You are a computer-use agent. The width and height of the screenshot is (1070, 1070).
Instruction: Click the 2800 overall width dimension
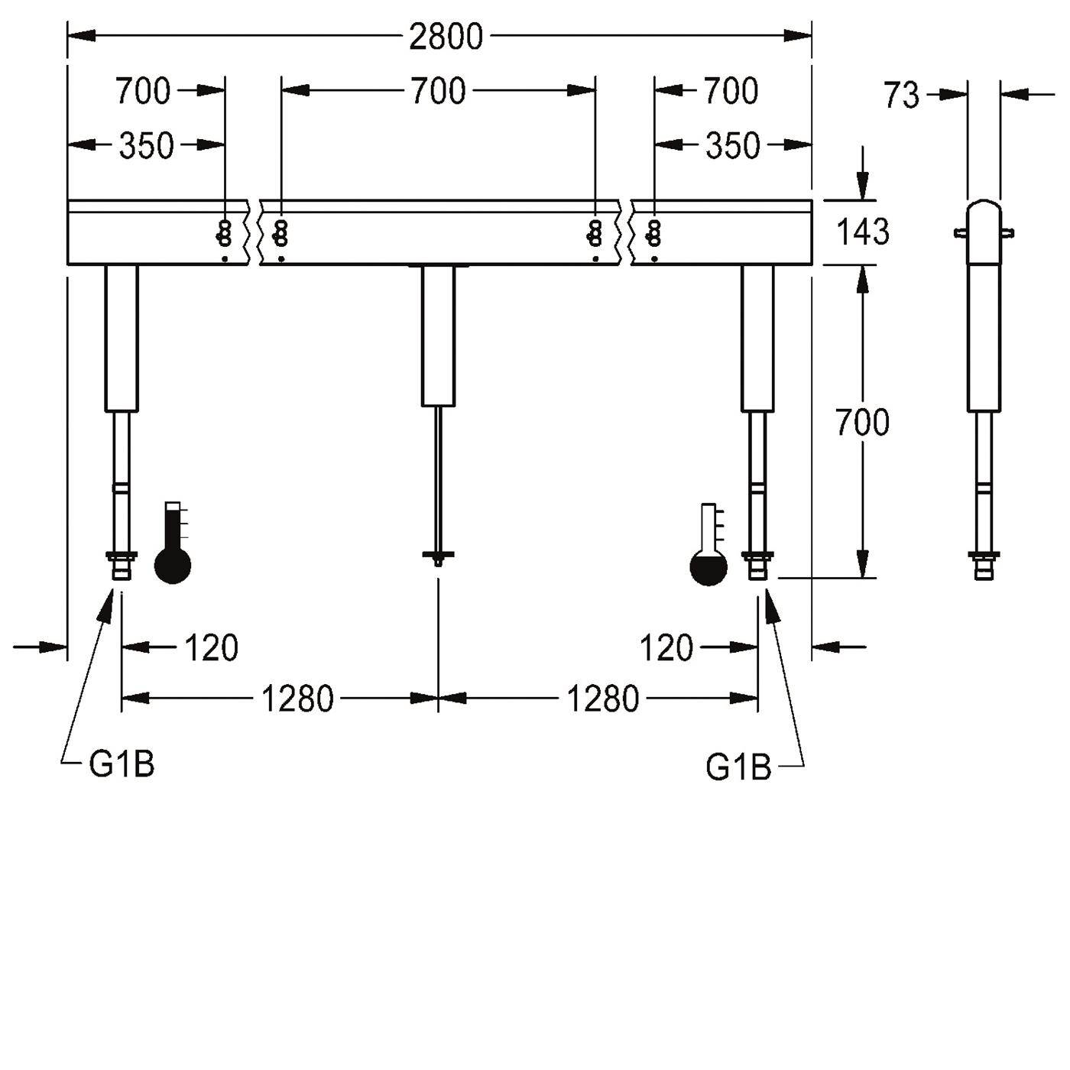(446, 37)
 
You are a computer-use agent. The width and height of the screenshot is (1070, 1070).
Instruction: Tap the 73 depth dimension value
(902, 95)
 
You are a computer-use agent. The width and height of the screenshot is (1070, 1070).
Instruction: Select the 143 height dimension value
(862, 232)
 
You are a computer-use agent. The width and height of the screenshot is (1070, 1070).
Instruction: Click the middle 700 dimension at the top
(438, 92)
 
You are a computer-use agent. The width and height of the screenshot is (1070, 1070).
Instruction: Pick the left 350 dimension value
(147, 146)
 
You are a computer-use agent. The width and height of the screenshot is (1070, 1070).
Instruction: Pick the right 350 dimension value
(732, 146)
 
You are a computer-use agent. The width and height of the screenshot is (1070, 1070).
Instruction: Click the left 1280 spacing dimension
(297, 699)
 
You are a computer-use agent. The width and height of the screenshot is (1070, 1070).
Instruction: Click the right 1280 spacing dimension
(602, 699)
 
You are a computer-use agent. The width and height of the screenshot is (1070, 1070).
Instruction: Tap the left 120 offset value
(211, 647)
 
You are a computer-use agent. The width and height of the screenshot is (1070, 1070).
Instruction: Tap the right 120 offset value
(666, 647)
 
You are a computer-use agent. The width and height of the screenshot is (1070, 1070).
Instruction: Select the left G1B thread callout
(122, 764)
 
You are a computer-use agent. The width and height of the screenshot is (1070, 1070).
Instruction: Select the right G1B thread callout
(738, 767)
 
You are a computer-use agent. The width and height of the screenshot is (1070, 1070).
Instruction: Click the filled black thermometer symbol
(173, 543)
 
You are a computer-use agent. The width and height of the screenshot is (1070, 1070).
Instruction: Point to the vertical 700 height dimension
(862, 422)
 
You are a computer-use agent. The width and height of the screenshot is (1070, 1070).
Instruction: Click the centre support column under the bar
(438, 336)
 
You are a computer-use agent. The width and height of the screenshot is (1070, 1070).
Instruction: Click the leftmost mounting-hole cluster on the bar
(225, 232)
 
